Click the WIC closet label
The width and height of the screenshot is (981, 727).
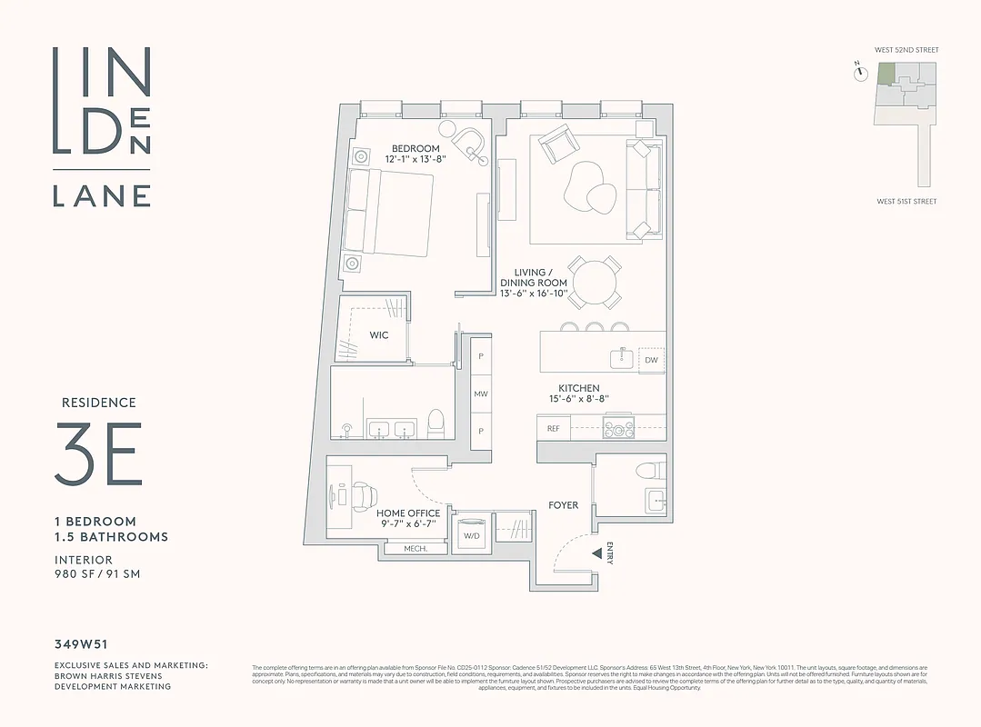tap(379, 335)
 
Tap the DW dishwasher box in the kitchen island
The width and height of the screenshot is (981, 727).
tap(650, 360)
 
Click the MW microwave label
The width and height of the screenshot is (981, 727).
tap(480, 394)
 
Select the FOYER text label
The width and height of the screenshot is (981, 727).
tap(563, 505)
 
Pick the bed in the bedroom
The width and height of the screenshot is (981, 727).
tap(391, 211)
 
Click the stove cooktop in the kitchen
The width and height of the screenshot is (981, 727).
tap(618, 427)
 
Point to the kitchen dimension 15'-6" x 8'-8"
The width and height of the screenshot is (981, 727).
tap(579, 399)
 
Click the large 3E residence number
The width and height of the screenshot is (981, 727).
tap(98, 452)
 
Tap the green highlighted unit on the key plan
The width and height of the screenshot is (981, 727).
tap(885, 75)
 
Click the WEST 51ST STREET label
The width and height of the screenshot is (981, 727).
tap(906, 202)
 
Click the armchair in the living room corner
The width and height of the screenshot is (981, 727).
tap(556, 145)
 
